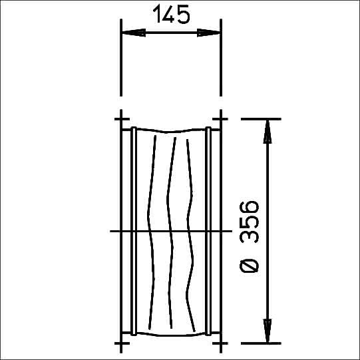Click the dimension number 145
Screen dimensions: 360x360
tap(171, 14)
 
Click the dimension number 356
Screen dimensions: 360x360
tap(249, 222)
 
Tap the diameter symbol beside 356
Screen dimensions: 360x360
tap(249, 266)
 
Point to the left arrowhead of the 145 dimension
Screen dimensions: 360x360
tap(134, 33)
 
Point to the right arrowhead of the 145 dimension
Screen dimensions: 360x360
tap(209, 33)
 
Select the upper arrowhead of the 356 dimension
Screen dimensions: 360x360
tap(268, 132)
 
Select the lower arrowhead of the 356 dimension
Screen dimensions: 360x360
tap(268, 331)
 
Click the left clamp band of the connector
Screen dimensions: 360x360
tap(134, 231)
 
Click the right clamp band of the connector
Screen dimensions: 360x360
tap(208, 231)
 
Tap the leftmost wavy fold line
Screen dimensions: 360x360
tap(151, 232)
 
